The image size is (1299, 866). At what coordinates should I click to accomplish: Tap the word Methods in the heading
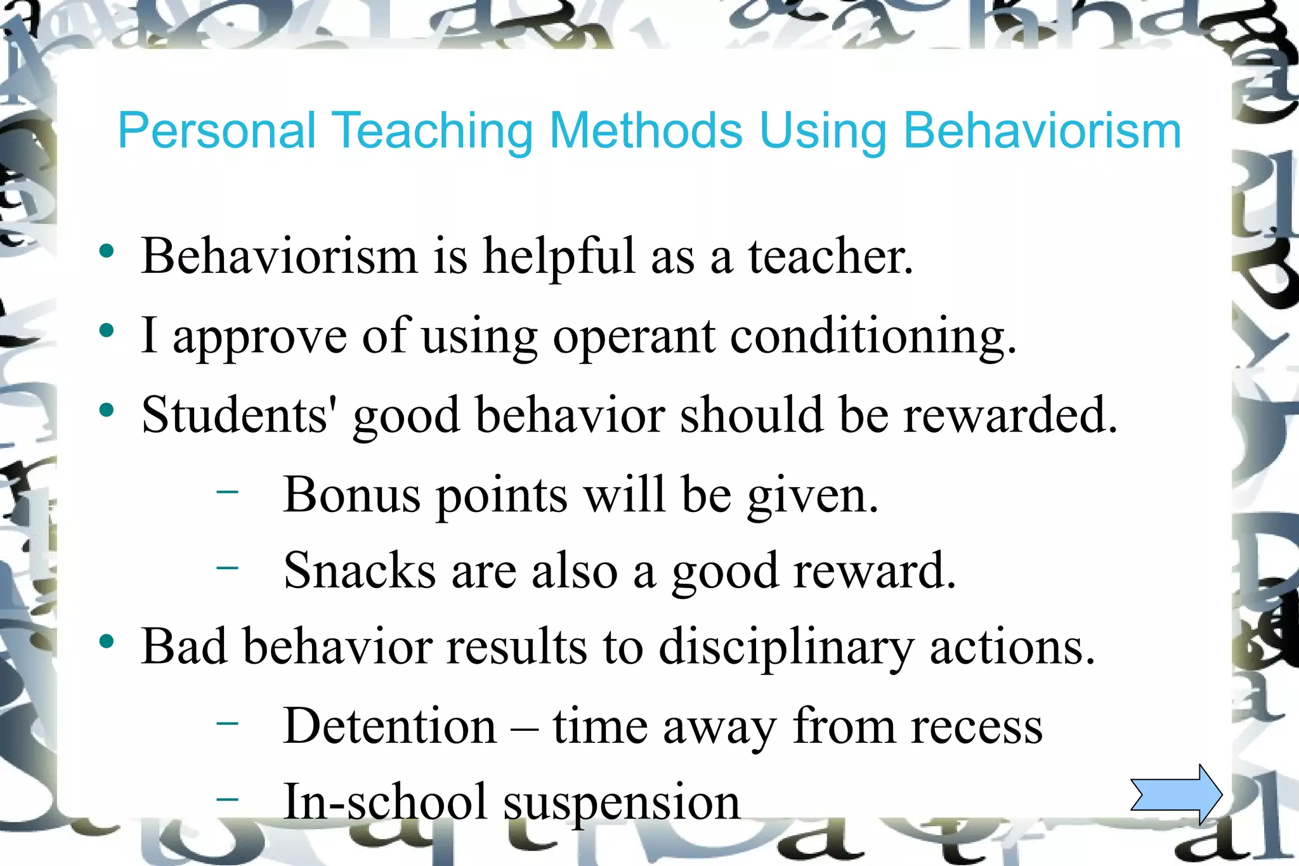coord(646,131)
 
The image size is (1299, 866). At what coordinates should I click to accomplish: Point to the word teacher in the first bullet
coord(830,256)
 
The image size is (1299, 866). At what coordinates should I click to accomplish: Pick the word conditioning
coord(873,337)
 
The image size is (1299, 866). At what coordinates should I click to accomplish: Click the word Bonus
coord(351,494)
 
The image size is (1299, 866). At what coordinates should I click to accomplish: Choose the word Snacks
coord(359,570)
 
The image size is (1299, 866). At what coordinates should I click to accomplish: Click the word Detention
coord(389,726)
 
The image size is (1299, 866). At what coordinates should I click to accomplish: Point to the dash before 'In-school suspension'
coord(227,798)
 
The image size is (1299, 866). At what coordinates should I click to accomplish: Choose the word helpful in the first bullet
coord(559,256)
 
